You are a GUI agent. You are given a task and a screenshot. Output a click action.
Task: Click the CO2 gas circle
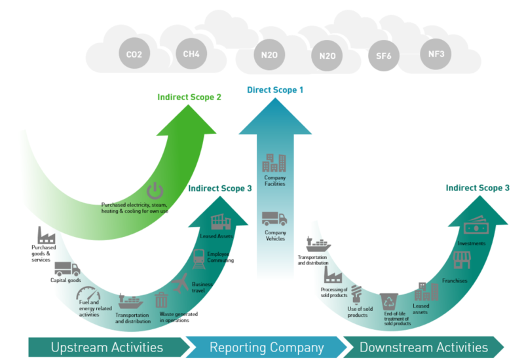pyautogui.click(x=134, y=54)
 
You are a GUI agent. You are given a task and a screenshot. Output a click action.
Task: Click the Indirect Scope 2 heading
pyautogui.click(x=189, y=97)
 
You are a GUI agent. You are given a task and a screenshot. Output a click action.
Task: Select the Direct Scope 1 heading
pyautogui.click(x=275, y=89)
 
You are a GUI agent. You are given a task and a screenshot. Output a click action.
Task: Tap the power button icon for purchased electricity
pyautogui.click(x=155, y=191)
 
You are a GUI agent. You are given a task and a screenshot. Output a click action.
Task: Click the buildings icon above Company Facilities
pyautogui.click(x=274, y=164)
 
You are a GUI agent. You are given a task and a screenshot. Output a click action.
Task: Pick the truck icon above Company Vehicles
pyautogui.click(x=274, y=219)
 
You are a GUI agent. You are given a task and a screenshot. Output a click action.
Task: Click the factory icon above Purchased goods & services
pyautogui.click(x=46, y=235)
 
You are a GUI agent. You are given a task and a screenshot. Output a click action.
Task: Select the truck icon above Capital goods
pyautogui.click(x=67, y=268)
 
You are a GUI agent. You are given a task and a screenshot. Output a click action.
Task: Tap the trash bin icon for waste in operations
pyautogui.click(x=161, y=300)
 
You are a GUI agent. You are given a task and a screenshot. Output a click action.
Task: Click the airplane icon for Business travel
pyautogui.click(x=181, y=283)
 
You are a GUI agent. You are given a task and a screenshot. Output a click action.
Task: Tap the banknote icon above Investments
pyautogui.click(x=474, y=228)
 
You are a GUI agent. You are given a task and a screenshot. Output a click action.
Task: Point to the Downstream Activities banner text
pyautogui.click(x=423, y=347)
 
